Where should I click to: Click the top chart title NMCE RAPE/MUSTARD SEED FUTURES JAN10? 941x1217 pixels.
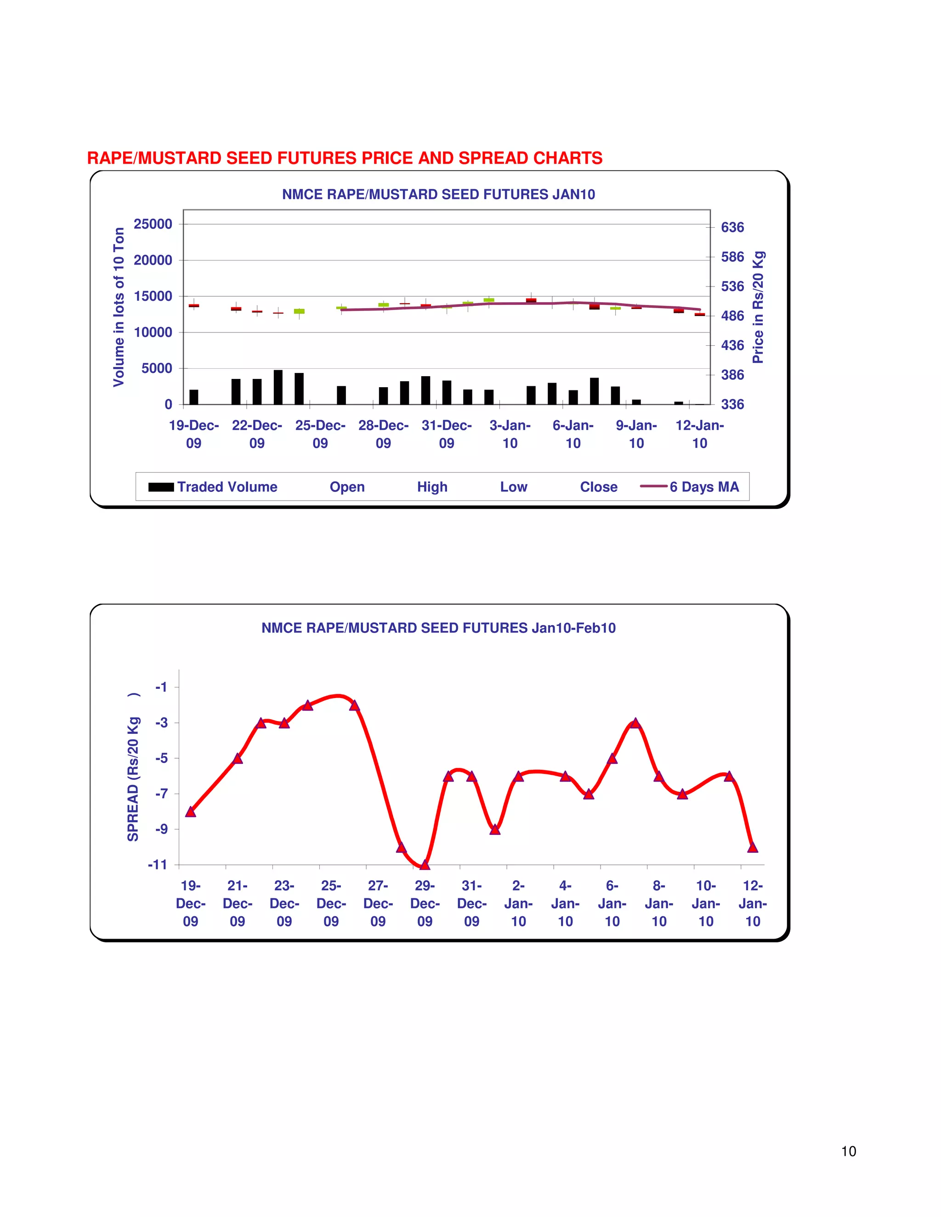click(438, 194)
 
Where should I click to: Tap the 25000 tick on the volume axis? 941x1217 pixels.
click(153, 224)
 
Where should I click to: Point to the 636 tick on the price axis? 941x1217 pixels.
click(732, 227)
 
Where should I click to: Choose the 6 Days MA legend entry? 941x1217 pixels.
click(690, 487)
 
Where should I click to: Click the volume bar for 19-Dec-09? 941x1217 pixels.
click(194, 397)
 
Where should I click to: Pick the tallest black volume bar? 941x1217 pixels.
click(278, 387)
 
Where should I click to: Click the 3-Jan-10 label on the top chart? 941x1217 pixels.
click(510, 434)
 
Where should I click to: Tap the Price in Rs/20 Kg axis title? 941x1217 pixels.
click(758, 307)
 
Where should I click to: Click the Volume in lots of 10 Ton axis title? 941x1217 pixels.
click(119, 307)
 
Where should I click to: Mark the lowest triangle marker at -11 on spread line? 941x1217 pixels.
click(425, 865)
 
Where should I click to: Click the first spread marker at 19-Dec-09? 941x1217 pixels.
click(191, 812)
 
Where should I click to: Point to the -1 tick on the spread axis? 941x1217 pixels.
click(161, 687)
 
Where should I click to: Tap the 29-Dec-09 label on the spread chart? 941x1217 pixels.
click(425, 903)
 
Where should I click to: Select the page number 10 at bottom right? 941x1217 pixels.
click(849, 1151)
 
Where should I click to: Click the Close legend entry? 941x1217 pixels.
click(598, 487)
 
